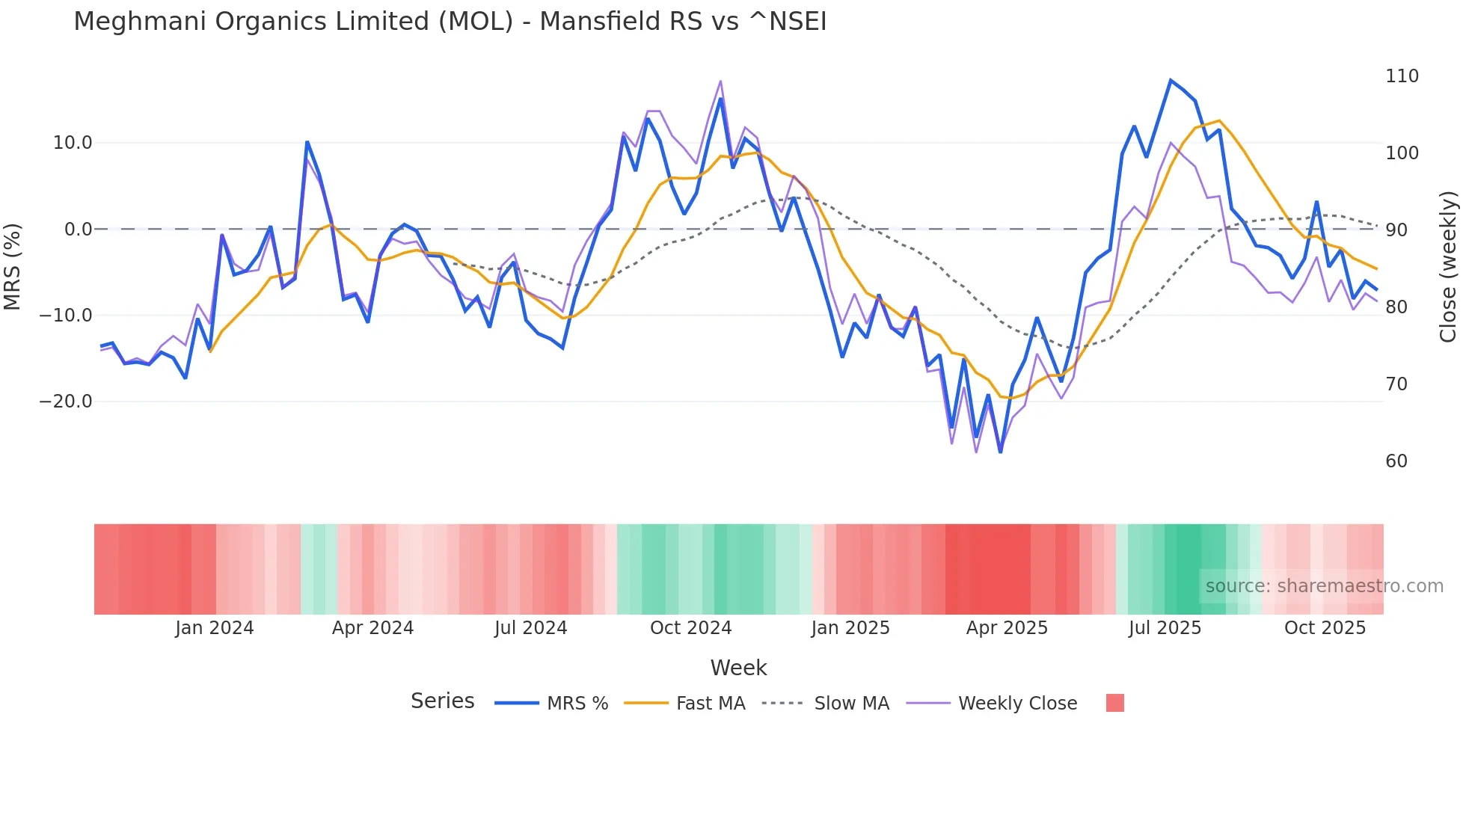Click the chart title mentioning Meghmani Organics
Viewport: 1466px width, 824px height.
450,22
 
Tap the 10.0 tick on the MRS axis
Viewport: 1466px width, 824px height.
73,143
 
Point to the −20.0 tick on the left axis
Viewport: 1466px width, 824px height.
66,402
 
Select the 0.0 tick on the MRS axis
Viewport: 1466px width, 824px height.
78,230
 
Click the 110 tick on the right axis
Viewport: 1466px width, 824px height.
1402,76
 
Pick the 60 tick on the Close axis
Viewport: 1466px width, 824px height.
1396,461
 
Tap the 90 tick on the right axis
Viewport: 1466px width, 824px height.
1396,230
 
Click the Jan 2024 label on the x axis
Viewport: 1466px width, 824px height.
215,628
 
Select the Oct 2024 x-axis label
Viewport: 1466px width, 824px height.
690,628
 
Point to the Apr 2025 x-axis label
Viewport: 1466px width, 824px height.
1007,628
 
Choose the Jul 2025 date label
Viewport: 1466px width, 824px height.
1165,628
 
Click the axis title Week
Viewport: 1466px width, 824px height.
738,668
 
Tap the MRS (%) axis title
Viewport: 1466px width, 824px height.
13,267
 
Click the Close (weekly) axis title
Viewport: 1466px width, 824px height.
1449,267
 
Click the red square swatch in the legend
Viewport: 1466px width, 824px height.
1114,703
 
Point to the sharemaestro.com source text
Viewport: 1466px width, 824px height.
1324,586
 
